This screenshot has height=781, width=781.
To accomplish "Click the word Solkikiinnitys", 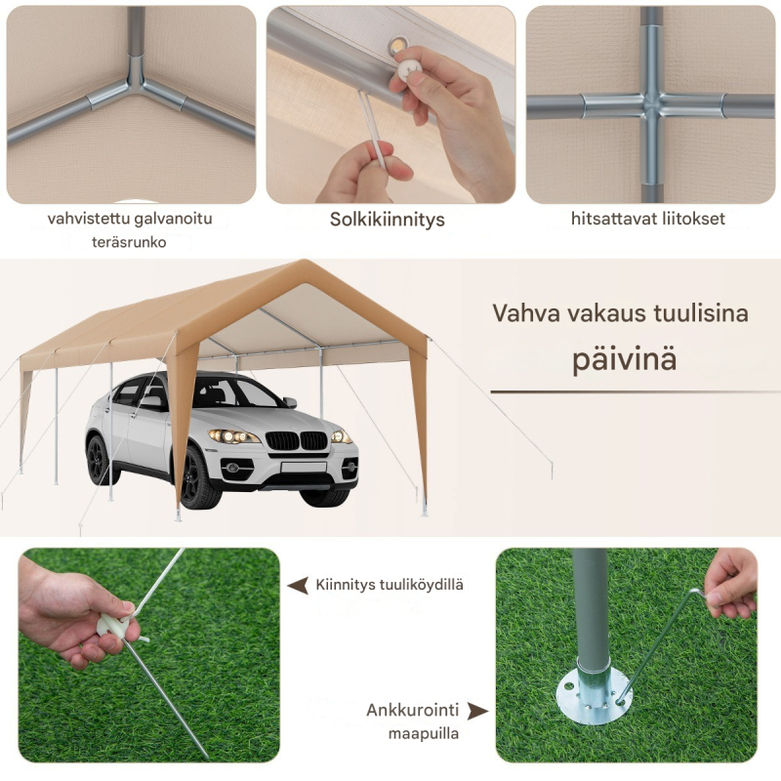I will (387, 220).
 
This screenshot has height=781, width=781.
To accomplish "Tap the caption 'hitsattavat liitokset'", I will (647, 219).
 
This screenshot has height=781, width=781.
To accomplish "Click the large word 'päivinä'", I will (624, 357).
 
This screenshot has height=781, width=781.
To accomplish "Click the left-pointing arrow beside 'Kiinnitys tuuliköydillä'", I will (298, 586).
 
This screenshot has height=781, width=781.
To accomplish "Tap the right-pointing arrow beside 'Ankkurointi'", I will (477, 711).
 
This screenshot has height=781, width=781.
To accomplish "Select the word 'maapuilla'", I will (424, 733).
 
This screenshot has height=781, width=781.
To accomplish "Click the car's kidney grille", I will (299, 440).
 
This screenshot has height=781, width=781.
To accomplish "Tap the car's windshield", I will (234, 392).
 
